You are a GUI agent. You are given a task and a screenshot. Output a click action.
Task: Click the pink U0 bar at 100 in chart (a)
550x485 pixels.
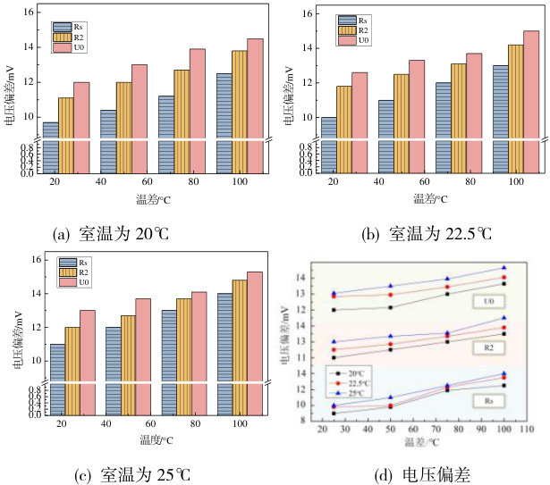255,103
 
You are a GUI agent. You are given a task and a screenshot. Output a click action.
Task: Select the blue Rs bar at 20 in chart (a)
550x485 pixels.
50,147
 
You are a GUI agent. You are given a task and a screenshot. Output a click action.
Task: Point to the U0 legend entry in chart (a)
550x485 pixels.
74,47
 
